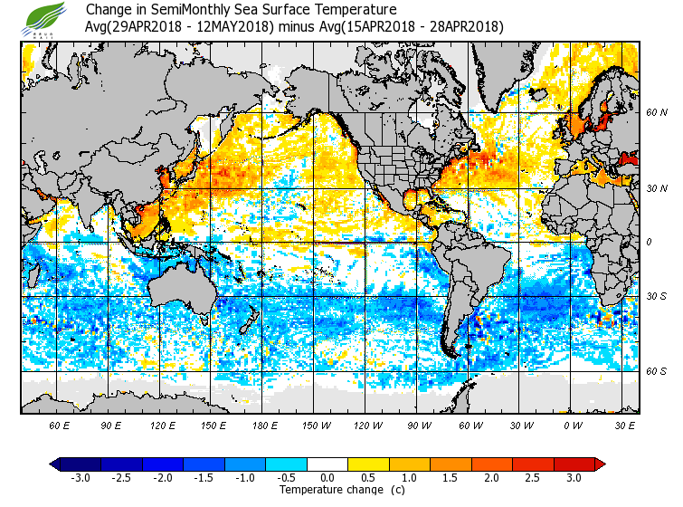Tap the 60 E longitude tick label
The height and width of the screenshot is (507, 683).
point(60,425)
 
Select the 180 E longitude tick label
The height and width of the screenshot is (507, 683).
point(265,425)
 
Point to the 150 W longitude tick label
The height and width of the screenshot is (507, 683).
point(317,425)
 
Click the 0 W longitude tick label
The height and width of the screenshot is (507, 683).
point(573,425)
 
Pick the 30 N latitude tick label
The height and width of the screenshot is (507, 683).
point(657,188)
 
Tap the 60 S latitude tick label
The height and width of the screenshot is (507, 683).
point(657,371)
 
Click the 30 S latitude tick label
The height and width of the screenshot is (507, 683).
point(657,297)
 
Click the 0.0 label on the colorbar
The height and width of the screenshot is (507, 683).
point(327,478)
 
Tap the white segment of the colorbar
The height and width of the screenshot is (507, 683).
point(327,464)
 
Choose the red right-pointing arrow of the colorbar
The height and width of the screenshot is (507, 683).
point(600,464)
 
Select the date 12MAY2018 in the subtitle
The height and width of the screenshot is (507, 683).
point(237,26)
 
